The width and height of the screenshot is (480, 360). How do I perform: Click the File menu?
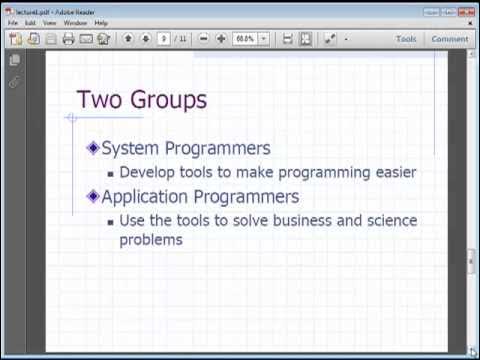(x=13, y=22)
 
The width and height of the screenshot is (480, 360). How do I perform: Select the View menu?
(x=49, y=22)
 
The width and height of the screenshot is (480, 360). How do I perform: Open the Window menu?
(x=75, y=22)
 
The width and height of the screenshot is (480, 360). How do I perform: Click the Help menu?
(x=101, y=22)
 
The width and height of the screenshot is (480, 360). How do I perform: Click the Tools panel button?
(x=405, y=39)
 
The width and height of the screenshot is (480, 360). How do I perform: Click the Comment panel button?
(x=449, y=39)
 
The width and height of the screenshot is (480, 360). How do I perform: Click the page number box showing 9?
(x=164, y=39)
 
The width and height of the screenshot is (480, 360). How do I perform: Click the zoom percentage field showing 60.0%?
(x=245, y=39)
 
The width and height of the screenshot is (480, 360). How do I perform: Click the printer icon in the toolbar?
(x=68, y=39)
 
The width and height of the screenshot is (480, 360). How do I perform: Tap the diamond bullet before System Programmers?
(x=93, y=148)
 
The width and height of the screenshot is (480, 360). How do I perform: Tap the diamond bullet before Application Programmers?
(x=93, y=196)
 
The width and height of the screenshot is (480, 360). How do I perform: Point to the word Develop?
(x=148, y=173)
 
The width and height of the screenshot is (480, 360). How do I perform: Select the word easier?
(x=391, y=172)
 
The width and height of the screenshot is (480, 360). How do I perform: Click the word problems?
(x=151, y=240)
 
